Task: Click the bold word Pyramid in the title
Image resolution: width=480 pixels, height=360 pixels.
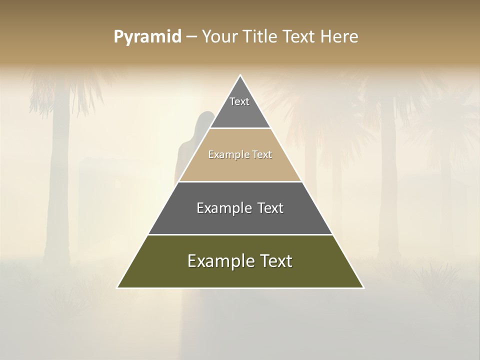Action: point(147,37)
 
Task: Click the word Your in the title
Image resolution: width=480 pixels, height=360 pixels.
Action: point(218,37)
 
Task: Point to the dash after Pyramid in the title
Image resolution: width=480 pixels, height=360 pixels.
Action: point(191,37)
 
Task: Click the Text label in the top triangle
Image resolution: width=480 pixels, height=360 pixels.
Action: point(239,101)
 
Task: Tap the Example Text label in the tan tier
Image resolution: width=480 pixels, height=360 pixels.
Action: point(240,154)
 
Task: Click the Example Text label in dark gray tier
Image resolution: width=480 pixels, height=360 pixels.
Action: point(240,207)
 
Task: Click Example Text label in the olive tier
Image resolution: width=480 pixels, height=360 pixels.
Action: point(240,261)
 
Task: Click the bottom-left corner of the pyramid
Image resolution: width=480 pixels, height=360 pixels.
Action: point(117,288)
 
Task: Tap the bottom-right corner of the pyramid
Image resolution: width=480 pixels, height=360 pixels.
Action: point(363,288)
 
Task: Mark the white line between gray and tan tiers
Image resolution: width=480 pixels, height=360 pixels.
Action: point(240,128)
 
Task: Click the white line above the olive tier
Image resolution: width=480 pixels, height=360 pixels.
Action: point(240,234)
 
